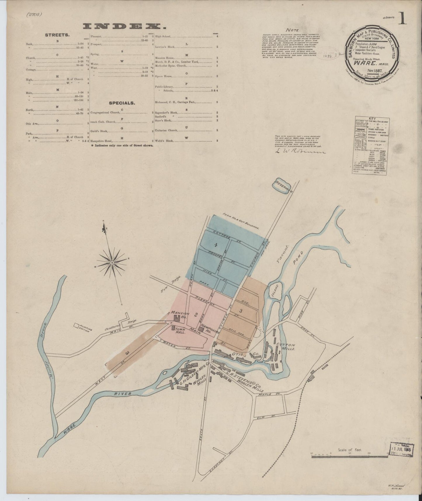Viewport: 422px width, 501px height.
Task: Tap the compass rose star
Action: (x=112, y=263)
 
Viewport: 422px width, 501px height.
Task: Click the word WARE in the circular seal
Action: (x=363, y=62)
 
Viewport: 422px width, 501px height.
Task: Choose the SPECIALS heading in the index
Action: (x=122, y=103)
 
